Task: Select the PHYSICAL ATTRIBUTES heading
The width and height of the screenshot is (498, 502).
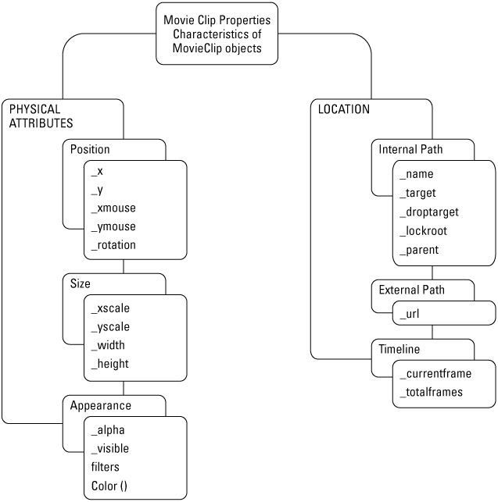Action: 41,116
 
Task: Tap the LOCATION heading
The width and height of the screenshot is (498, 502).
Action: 344,109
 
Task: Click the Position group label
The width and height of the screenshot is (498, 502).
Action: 90,149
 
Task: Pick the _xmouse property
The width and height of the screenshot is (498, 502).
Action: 113,208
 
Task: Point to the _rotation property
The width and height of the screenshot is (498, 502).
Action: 113,244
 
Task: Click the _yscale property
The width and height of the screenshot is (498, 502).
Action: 110,326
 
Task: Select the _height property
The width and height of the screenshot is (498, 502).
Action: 109,363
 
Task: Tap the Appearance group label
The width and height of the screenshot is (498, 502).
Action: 101,405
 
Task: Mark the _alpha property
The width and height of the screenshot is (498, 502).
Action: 108,429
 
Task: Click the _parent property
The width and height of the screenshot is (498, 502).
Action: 419,250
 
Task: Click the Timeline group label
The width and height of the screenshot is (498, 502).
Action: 399,350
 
